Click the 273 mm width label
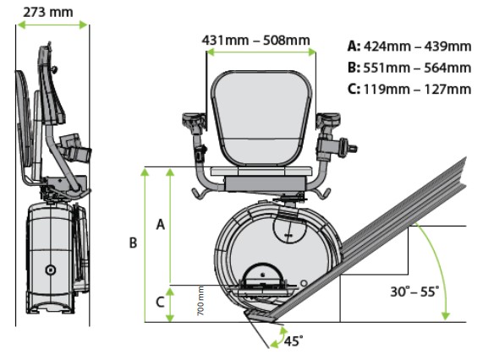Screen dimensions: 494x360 pyautogui.click(x=48, y=13)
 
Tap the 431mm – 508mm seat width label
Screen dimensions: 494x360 pyautogui.click(x=255, y=41)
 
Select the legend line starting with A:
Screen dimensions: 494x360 pyautogui.click(x=409, y=46)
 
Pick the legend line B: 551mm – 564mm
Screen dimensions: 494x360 pyautogui.click(x=409, y=68)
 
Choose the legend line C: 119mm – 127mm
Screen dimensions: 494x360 pyautogui.click(x=409, y=89)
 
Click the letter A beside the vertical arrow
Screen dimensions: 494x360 pyautogui.click(x=161, y=225)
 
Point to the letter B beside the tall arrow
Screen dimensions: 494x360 pyautogui.click(x=134, y=243)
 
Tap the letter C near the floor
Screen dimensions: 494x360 pyautogui.click(x=160, y=302)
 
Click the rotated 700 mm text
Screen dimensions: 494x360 pyautogui.click(x=200, y=301)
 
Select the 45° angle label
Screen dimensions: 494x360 pyautogui.click(x=294, y=341)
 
